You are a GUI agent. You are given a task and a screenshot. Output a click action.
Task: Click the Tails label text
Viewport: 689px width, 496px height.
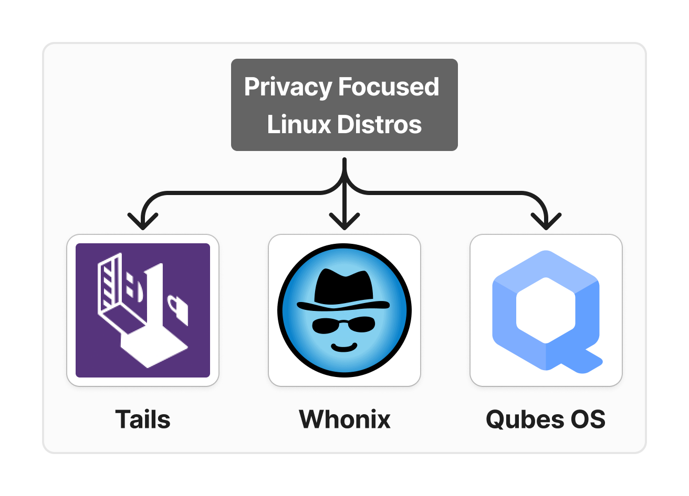[143, 419]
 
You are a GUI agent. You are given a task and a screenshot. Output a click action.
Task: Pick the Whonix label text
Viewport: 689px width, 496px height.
[344, 419]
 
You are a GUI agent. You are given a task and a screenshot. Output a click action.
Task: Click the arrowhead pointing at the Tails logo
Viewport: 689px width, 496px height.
[143, 221]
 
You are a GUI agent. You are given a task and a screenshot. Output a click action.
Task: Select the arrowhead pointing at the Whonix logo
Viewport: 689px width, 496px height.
[344, 221]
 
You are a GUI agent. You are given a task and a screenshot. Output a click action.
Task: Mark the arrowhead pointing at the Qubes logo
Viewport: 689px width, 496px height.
[546, 221]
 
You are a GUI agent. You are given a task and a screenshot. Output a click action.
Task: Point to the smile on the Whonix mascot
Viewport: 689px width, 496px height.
[344, 346]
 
